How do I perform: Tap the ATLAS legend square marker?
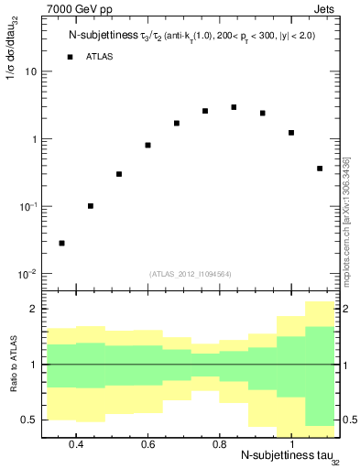tap(70, 57)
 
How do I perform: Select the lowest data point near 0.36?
tap(61, 243)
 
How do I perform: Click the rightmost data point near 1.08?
tap(320, 169)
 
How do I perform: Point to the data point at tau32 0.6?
tap(147, 145)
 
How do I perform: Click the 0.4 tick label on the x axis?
tap(76, 444)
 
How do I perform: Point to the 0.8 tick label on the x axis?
tap(220, 444)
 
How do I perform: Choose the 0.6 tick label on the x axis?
tap(147, 444)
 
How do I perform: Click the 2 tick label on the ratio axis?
tap(33, 310)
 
